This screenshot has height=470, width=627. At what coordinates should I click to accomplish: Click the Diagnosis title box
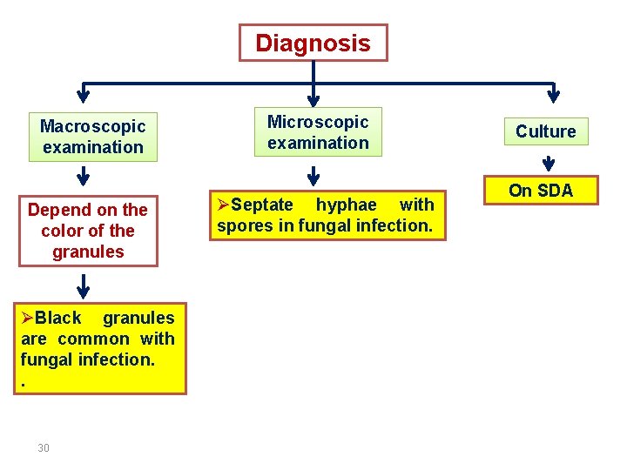pos(313,43)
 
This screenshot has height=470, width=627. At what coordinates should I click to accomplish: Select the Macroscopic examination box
pos(92,137)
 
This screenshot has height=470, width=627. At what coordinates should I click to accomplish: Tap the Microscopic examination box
pos(318,132)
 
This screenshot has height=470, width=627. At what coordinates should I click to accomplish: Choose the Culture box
pos(545,131)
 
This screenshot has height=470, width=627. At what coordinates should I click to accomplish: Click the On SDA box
pos(541,191)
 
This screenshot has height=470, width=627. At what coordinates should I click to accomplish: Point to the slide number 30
pos(44,447)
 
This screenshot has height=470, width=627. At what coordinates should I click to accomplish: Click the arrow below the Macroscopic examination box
pos(83,177)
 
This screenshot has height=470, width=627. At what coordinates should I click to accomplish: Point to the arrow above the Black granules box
pos(84,285)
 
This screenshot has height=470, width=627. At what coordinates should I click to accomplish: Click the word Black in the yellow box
pos(58,318)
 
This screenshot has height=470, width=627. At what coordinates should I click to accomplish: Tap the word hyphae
pos(346,205)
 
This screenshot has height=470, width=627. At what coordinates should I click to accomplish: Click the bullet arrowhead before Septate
pos(223,205)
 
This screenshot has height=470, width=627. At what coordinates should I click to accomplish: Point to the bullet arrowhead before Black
pos(27,318)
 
